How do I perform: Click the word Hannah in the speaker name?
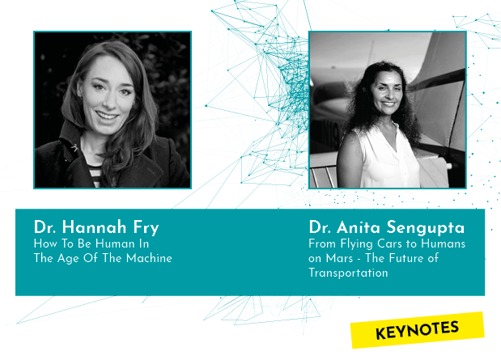(94, 227)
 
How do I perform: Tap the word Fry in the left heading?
(146, 228)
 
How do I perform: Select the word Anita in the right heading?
(359, 227)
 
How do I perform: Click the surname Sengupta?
(426, 228)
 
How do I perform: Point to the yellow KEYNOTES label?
(418, 330)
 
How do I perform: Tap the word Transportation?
(348, 273)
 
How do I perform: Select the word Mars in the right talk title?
(339, 258)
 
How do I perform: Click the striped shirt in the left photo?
(96, 176)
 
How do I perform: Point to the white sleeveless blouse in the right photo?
(388, 156)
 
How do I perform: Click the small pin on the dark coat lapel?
(74, 147)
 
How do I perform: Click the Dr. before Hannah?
(45, 227)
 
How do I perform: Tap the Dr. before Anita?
(320, 227)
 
